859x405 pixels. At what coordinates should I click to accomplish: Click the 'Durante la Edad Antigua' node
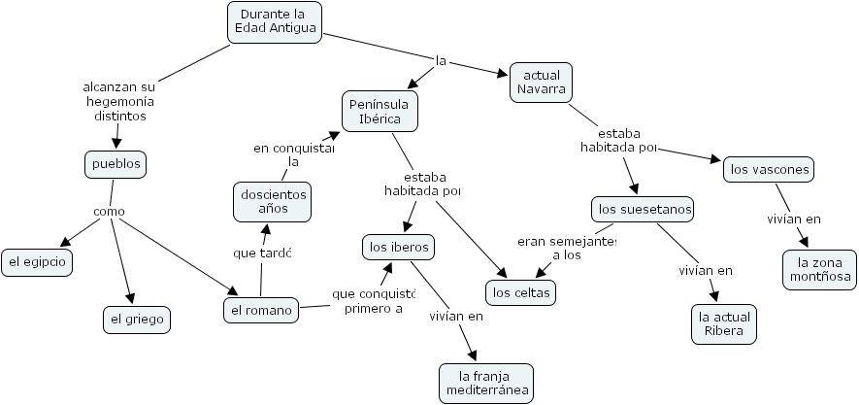[274, 22]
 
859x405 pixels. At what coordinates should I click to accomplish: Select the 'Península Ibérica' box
[380, 111]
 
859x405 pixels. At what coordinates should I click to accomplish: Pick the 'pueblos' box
[116, 163]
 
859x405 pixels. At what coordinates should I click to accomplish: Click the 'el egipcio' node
[37, 261]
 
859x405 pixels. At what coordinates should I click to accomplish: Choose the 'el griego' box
[137, 319]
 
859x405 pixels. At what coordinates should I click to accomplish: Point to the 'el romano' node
[259, 311]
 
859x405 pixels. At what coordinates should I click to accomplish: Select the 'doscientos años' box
[273, 202]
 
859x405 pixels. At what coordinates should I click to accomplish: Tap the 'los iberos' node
[398, 248]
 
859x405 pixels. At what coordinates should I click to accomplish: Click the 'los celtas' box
[521, 291]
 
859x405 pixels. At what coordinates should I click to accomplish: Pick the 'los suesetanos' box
[644, 209]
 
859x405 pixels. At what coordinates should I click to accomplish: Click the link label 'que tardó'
[262, 253]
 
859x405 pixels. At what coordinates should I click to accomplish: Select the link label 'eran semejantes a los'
[567, 248]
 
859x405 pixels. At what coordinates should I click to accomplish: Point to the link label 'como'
[109, 212]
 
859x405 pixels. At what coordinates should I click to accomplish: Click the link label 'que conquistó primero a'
[374, 301]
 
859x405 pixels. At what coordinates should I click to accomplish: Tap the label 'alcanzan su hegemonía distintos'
[120, 101]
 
